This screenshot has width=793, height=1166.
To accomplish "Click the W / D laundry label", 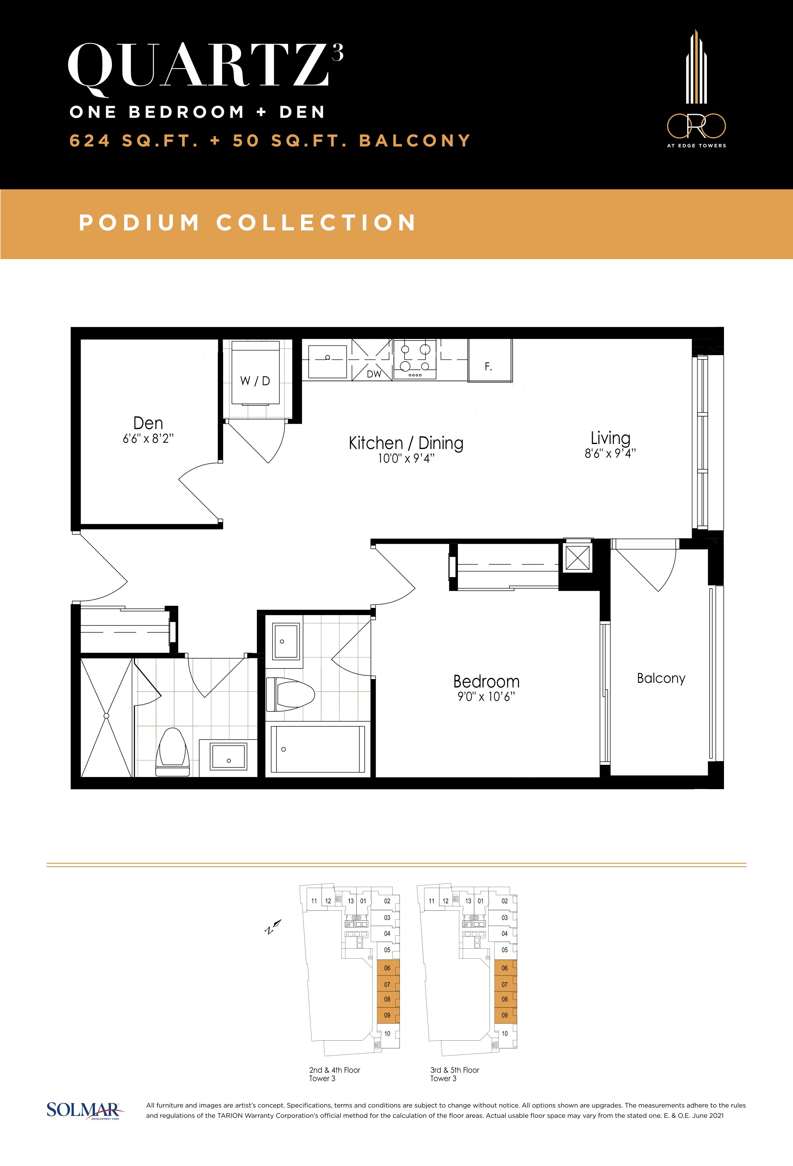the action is [255, 381].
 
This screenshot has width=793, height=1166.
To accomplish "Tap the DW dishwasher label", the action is [374, 374].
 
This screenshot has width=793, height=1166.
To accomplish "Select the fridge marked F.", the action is [490, 360].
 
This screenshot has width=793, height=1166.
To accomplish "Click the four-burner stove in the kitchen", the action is [415, 359].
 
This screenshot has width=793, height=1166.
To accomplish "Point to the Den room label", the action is [148, 423].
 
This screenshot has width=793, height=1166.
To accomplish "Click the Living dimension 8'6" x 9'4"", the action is [610, 454].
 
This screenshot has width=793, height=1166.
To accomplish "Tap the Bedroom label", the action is [486, 681].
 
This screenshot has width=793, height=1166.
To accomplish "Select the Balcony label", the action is [661, 678].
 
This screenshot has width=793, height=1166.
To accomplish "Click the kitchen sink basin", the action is [327, 361].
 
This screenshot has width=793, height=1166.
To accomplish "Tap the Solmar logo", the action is [83, 1110].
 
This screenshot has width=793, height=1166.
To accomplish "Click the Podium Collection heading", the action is [248, 223].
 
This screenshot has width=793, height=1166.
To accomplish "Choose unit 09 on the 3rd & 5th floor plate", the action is [505, 1015].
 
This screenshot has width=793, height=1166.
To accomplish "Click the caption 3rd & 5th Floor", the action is [455, 1070].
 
